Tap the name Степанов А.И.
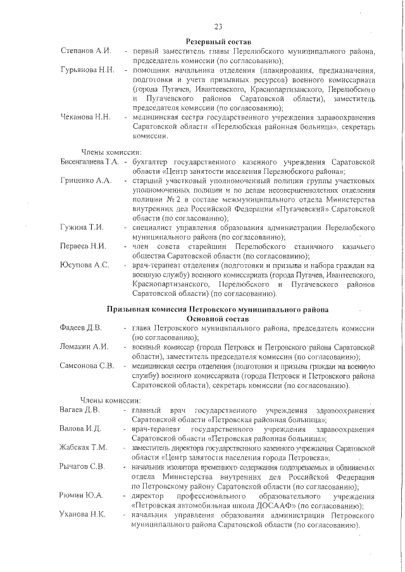[x=85, y=50]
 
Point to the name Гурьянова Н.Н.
[x=87, y=70]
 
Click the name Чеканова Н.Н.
[x=85, y=117]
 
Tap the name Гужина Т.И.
[x=82, y=226]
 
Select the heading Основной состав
[x=218, y=319]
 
